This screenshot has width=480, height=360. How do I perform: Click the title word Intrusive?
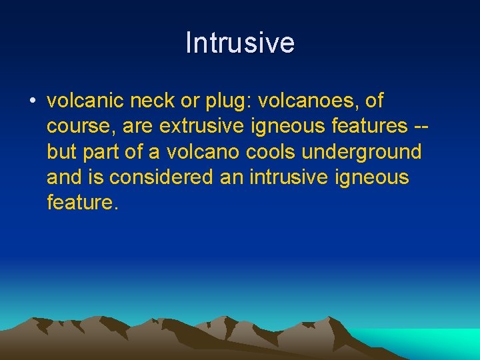pos(240,43)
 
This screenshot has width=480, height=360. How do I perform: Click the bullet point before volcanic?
pos(32,102)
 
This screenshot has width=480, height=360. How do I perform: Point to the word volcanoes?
pos(305,102)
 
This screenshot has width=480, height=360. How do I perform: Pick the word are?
pos(138,127)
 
